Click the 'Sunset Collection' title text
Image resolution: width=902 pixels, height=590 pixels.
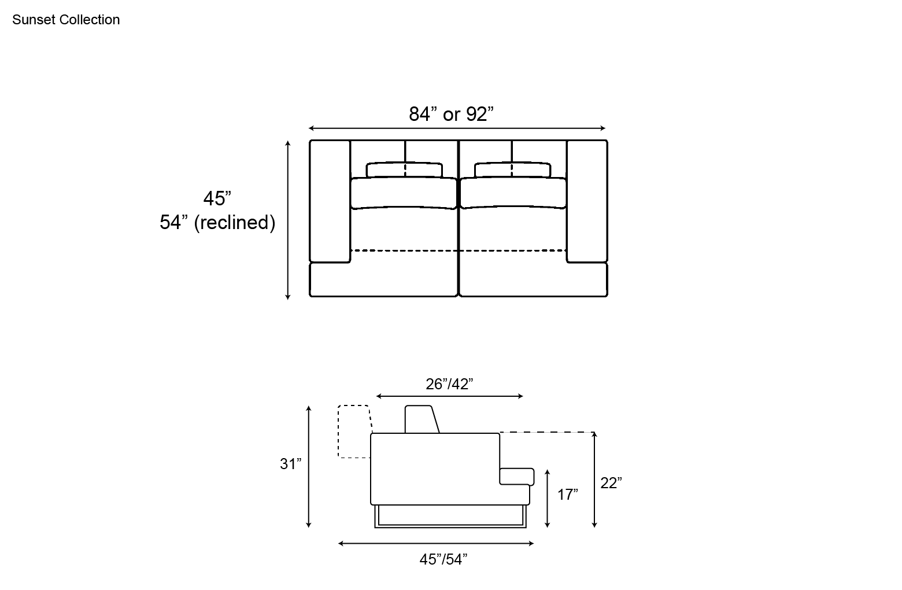pos(66,20)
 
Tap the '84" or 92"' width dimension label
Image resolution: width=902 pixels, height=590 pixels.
pos(451,114)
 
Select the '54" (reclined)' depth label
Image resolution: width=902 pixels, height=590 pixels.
pos(217,222)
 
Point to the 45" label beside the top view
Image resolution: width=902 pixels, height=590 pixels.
pos(217,198)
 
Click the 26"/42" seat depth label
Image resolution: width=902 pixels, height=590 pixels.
pos(449,384)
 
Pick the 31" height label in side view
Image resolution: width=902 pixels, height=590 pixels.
pos(290,464)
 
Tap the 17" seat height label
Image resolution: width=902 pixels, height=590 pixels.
pos(567,495)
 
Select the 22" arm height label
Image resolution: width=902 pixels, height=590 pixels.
pos(611,483)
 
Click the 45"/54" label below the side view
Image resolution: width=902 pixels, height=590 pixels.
pos(443,559)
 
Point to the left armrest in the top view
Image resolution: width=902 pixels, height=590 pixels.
pos(330,201)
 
